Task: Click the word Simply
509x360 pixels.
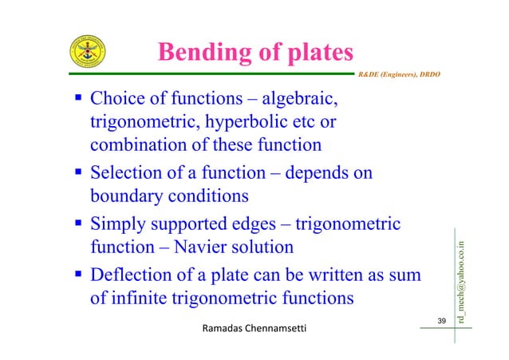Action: (116, 226)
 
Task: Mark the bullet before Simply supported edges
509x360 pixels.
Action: (78, 225)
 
